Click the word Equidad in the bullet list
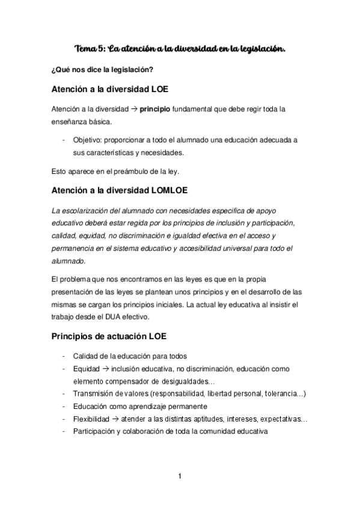click(87, 368)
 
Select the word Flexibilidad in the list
click(91, 419)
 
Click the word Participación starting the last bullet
click(94, 432)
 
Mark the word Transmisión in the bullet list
click(94, 393)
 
